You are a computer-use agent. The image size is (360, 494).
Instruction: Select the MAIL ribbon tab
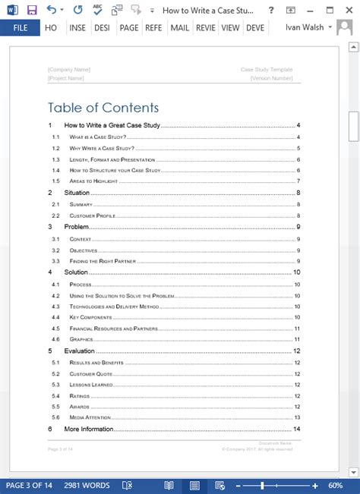tap(179, 28)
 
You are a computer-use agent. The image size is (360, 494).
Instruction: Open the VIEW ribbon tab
tap(230, 28)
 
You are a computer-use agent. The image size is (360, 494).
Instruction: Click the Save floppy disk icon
tap(31, 10)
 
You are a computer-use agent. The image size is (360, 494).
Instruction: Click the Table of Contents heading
tap(103, 108)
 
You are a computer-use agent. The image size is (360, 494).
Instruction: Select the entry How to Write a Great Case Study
tap(112, 125)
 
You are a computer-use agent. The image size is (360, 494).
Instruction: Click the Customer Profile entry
tap(91, 216)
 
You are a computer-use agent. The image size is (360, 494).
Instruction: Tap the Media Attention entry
tap(89, 418)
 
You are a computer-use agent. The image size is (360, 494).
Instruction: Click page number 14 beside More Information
tap(298, 429)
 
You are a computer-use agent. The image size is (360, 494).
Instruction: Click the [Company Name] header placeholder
tap(69, 70)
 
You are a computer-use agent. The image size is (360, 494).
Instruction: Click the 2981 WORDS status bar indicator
tap(87, 486)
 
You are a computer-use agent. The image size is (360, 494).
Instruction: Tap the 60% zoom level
tap(335, 486)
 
